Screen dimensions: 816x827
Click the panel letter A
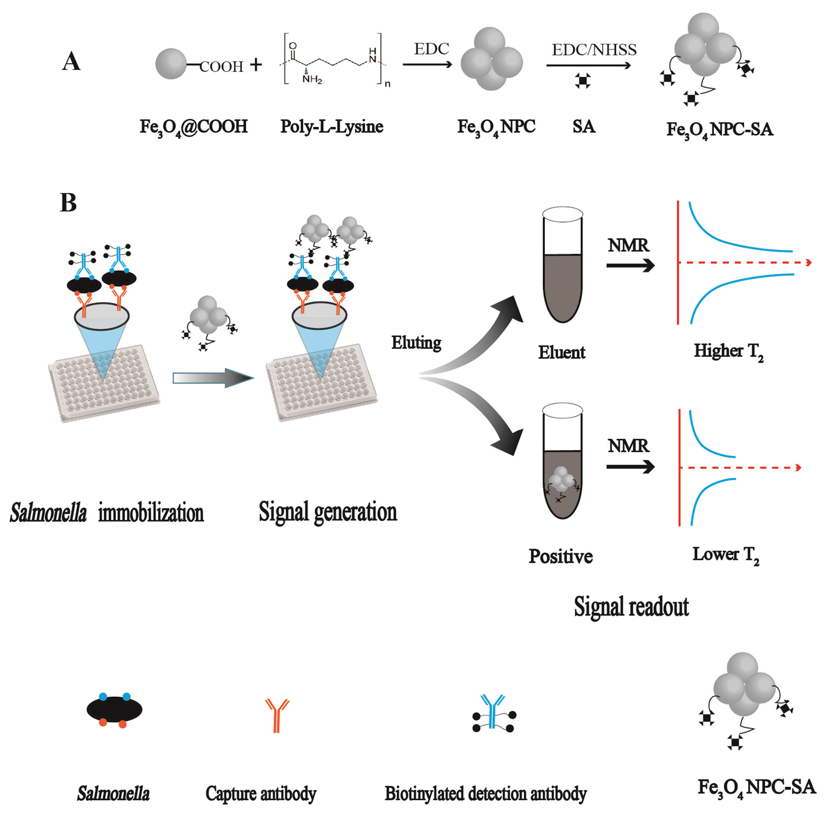(x=71, y=62)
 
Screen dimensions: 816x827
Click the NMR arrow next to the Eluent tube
(x=630, y=266)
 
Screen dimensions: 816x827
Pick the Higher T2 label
(x=728, y=351)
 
